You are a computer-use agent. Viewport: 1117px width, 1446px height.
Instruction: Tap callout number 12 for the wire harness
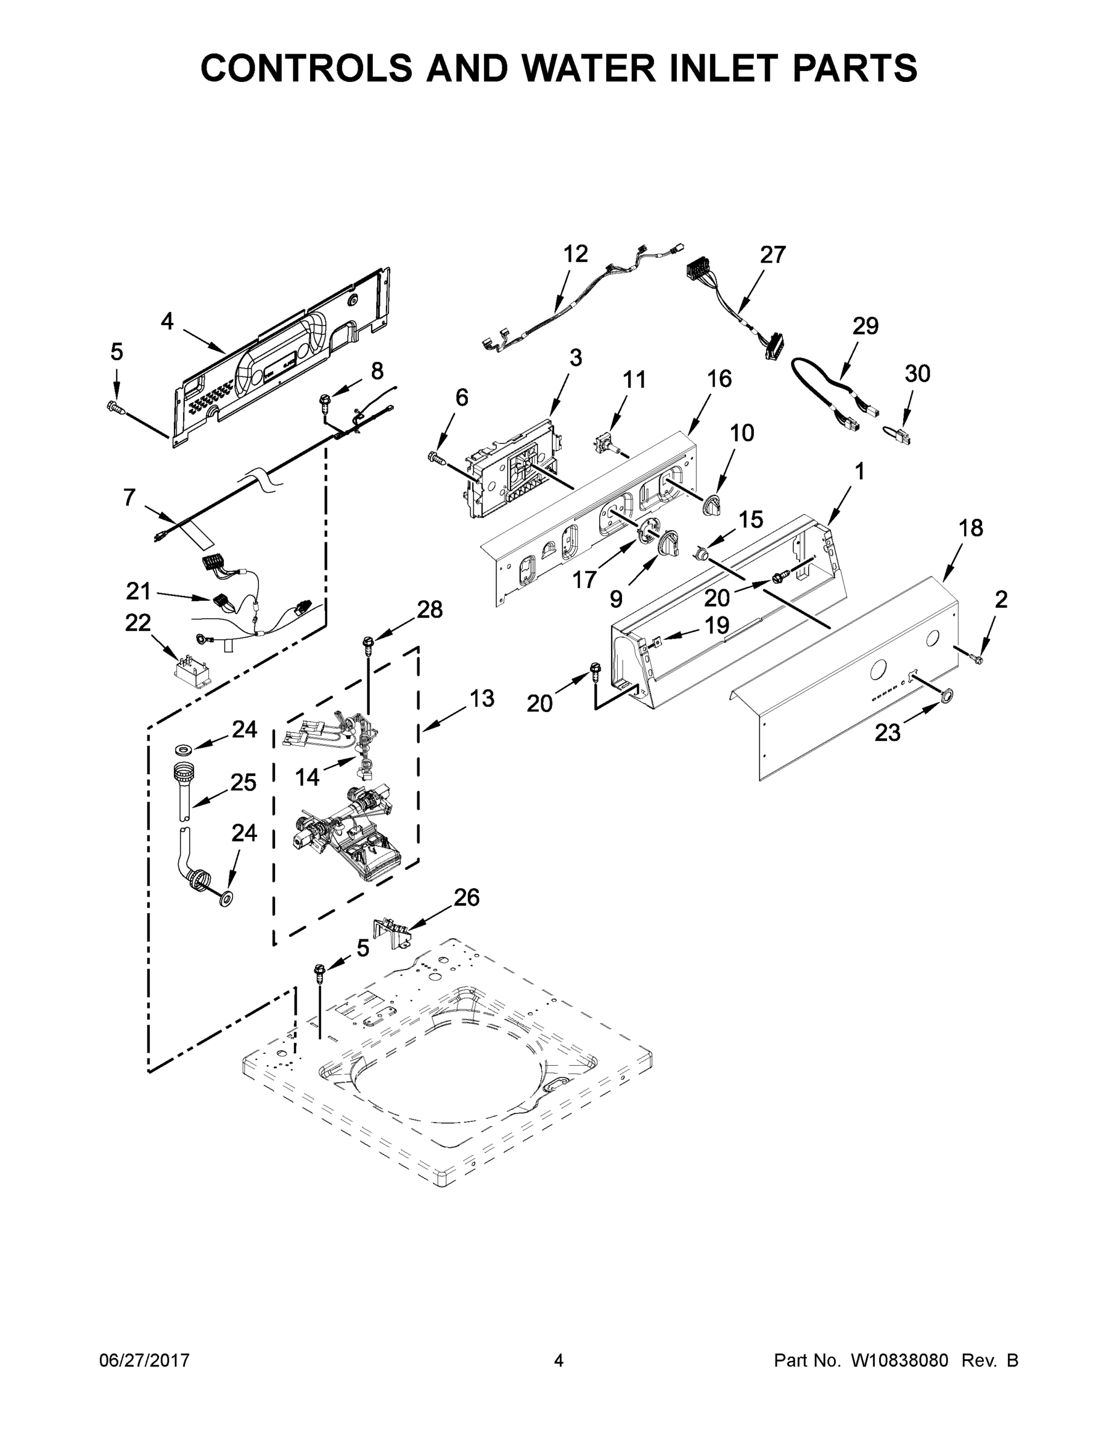[x=575, y=254]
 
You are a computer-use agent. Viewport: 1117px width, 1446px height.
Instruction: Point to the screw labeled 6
[x=436, y=455]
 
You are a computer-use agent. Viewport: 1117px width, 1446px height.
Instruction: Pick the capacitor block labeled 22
[x=190, y=669]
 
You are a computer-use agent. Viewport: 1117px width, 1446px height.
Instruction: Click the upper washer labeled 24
[x=184, y=749]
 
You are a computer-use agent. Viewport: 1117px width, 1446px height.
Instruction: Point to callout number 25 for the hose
[x=243, y=782]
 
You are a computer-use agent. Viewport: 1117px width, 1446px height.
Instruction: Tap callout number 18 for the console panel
[x=971, y=528]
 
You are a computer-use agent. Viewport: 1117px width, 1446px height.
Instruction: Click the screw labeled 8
[x=326, y=399]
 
